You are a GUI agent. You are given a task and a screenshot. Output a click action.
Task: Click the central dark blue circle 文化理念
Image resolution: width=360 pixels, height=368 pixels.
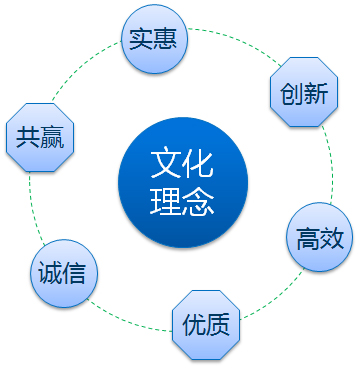pos(183,182)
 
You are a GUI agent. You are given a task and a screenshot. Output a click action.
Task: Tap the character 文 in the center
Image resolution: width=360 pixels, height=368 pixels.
pos(166,164)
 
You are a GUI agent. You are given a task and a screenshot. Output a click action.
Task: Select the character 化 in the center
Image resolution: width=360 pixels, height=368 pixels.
pos(199,164)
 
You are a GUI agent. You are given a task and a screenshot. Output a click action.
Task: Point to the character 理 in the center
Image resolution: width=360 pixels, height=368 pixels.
pos(166,201)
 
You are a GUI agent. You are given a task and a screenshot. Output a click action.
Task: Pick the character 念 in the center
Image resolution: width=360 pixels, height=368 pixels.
pos(199,201)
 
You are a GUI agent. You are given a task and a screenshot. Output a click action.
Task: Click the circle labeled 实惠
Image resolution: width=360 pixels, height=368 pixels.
pos(154,39)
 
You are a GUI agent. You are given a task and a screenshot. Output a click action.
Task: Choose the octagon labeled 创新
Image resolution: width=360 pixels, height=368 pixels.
pos(304,92)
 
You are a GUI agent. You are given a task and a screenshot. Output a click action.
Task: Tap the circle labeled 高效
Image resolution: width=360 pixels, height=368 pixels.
pos(320,237)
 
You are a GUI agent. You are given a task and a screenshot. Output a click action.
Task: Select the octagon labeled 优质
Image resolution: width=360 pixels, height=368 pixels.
pos(206,325)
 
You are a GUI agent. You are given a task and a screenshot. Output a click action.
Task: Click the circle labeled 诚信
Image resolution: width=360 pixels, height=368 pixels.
pos(64,273)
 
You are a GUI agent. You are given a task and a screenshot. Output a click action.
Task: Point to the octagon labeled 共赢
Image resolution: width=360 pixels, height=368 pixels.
pos(40,137)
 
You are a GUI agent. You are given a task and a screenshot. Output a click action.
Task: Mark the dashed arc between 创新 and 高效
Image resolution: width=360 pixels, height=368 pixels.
pos(331,165)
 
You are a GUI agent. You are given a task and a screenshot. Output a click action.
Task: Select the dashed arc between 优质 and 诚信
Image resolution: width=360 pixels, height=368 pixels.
pos(127,322)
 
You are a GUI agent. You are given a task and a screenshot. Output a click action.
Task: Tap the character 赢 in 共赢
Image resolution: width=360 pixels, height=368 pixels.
pos(52,137)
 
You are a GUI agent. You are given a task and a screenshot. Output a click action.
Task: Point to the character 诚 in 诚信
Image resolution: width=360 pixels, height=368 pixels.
pos(50,273)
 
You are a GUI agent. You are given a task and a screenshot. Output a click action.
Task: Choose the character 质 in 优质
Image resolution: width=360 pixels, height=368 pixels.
pos(218,325)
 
